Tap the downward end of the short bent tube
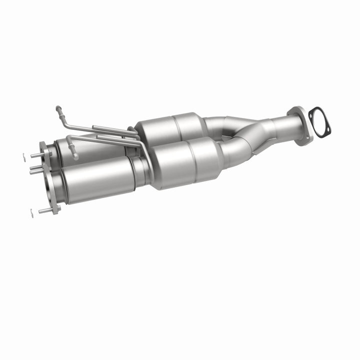(75, 156)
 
